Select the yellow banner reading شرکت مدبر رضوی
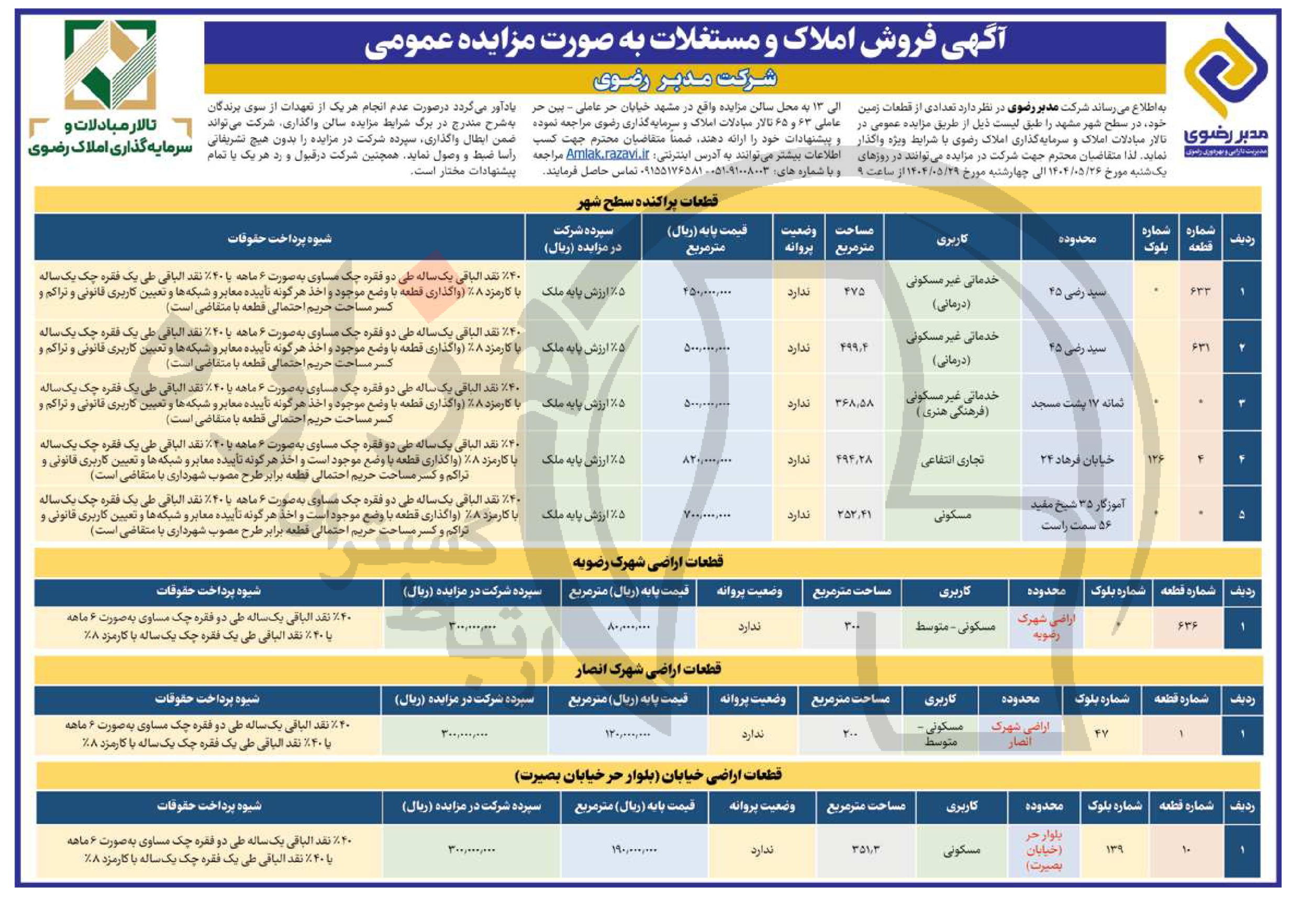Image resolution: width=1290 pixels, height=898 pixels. (685, 79)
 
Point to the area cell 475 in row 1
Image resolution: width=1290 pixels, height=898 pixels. (854, 292)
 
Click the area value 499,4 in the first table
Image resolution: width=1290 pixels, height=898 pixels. (854, 348)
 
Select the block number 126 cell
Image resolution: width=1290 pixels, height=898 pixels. (1155, 459)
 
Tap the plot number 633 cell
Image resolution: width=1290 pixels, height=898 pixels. (1200, 292)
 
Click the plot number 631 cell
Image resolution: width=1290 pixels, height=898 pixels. (1200, 348)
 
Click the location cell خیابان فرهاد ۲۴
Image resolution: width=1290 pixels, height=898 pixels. (1076, 460)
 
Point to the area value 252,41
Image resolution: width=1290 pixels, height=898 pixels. (854, 514)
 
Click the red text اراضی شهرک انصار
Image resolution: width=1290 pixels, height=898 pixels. (1020, 734)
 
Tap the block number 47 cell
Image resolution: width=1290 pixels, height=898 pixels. (1101, 734)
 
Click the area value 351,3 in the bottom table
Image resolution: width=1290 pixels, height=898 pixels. (865, 849)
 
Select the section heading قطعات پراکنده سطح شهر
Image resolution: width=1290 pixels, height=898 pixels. (646, 201)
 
